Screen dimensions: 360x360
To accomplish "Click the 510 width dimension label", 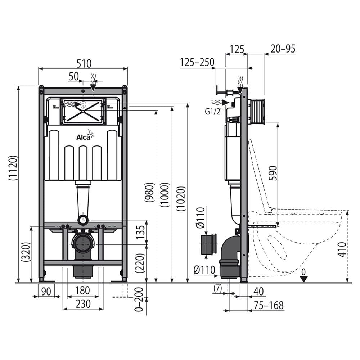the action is (84, 63).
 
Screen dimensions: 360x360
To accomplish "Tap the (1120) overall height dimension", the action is (13, 168).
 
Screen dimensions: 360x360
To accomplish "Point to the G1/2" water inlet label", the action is (214, 112).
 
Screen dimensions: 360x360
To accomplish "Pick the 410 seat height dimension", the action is (342, 249).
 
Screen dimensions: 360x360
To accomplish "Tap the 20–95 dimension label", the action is (283, 49).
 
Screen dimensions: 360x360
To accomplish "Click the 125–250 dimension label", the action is (197, 62).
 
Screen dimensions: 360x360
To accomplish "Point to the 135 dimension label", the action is (140, 232).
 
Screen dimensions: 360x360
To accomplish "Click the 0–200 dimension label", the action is (139, 300).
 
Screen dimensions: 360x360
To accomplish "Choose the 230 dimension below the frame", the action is (83, 304).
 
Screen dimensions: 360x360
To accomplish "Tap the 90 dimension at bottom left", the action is (46, 291).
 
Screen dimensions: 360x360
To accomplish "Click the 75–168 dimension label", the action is (269, 305).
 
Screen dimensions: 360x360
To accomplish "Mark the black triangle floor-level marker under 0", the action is (304, 279).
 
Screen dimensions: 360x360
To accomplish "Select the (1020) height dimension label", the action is (181, 199).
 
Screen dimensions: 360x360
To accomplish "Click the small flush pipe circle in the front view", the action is (83, 220).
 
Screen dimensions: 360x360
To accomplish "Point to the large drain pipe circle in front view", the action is (83, 243).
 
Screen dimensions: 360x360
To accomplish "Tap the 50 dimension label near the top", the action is (74, 76).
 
